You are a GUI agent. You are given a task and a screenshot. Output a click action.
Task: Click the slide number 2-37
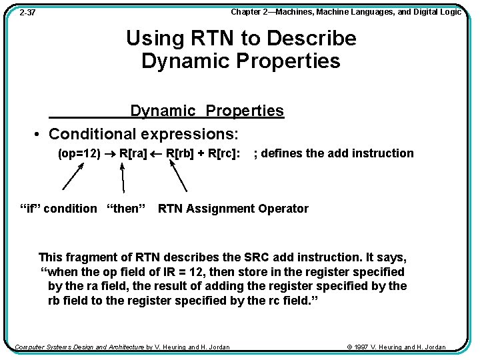(27, 12)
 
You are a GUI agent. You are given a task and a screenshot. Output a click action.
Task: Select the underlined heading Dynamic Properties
(207, 111)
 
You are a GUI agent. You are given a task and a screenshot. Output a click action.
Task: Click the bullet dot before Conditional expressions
(37, 134)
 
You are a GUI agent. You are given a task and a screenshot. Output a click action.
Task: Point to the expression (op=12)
(79, 153)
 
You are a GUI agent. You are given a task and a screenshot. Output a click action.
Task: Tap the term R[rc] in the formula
(224, 153)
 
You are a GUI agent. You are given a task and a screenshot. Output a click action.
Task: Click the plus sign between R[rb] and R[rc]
(201, 153)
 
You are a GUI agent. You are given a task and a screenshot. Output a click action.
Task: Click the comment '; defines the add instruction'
(333, 153)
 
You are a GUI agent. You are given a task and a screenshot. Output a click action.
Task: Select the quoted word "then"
(126, 209)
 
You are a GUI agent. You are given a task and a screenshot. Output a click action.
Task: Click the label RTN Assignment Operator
(233, 209)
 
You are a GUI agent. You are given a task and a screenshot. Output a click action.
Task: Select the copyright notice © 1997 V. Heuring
(397, 347)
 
